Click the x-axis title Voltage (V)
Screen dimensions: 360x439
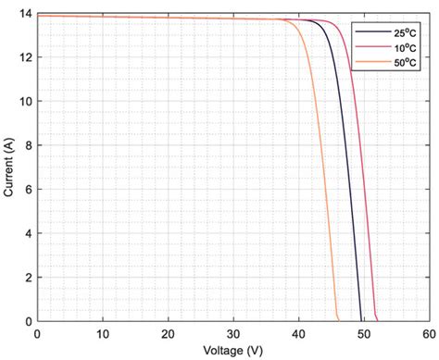pos(232,351)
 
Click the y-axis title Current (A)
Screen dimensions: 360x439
pos(8,168)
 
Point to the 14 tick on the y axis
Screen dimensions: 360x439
pos(24,14)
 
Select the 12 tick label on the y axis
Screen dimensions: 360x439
pos(24,57)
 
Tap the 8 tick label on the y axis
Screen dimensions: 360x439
pos(27,145)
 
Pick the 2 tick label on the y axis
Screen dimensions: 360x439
pos(27,278)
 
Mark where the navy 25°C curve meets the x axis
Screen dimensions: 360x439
pos(360,320)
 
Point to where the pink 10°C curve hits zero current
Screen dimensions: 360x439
pos(377,320)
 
